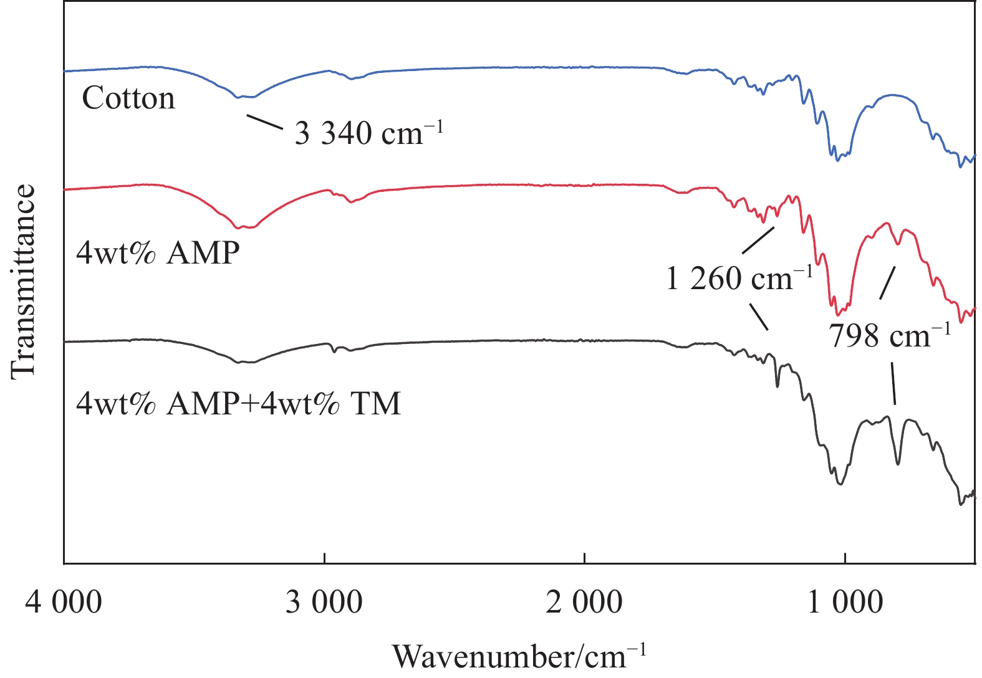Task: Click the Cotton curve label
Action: pyautogui.click(x=128, y=98)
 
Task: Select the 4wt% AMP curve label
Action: pyautogui.click(x=158, y=253)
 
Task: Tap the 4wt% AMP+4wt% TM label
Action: pyautogui.click(x=238, y=403)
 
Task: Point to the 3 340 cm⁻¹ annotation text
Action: pyautogui.click(x=368, y=133)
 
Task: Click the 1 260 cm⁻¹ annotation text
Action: pyautogui.click(x=739, y=278)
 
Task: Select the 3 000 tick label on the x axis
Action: pyautogui.click(x=324, y=603)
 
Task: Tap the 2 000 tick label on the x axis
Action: pyautogui.click(x=584, y=603)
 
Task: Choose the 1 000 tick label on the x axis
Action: pyautogui.click(x=845, y=603)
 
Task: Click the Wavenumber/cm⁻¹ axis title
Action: pyautogui.click(x=519, y=656)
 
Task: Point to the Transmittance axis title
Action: pyautogui.click(x=24, y=280)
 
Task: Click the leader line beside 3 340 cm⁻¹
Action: pyautogui.click(x=265, y=122)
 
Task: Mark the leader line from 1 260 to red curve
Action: pyautogui.click(x=758, y=240)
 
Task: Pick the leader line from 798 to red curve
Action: pyautogui.click(x=887, y=282)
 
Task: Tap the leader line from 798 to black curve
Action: pyautogui.click(x=893, y=384)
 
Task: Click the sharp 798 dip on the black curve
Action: pyautogui.click(x=898, y=463)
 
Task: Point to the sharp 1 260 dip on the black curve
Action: pyautogui.click(x=777, y=386)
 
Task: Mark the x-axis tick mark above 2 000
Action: pyautogui.click(x=585, y=557)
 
